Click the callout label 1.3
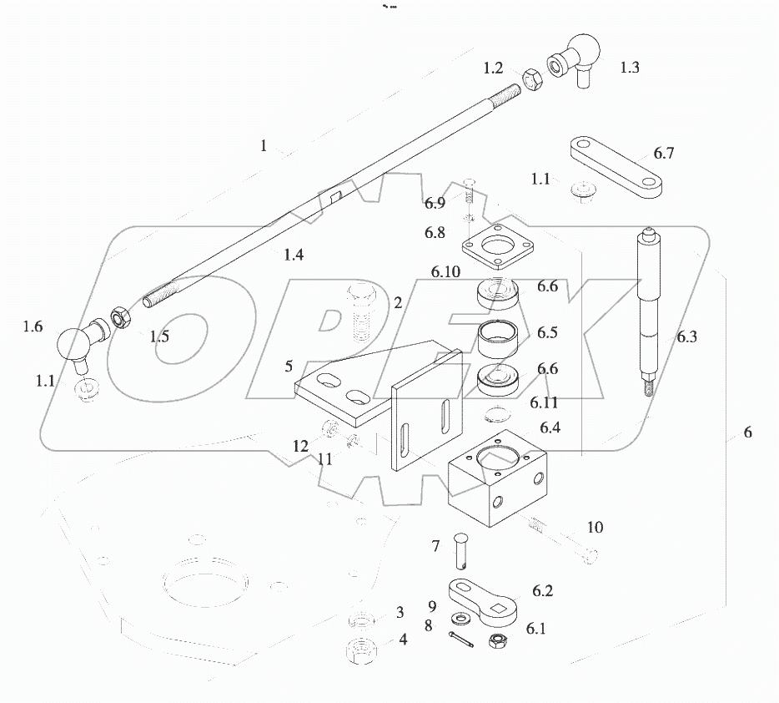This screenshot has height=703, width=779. click(x=630, y=68)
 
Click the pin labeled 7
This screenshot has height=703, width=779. click(x=463, y=550)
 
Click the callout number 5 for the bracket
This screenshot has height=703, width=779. click(x=289, y=365)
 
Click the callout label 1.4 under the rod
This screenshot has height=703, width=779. click(x=293, y=255)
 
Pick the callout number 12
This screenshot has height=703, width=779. click(x=300, y=448)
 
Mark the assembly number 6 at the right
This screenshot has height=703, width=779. click(x=746, y=432)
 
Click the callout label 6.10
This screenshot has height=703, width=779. click(x=446, y=272)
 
